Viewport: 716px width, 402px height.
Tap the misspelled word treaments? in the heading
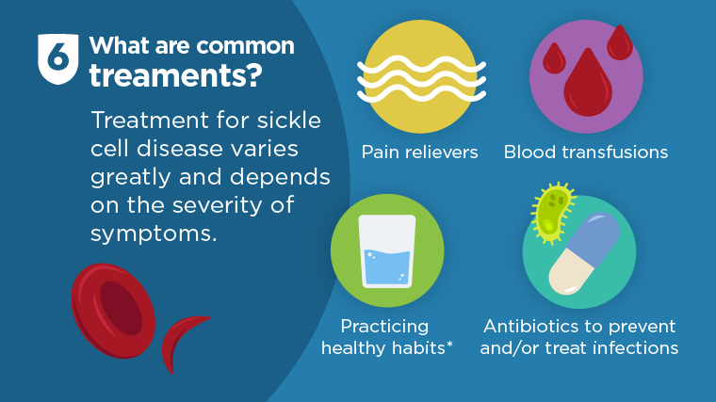[x=175, y=76]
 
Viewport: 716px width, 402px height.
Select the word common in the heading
[x=248, y=45]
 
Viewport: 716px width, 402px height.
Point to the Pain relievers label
[x=420, y=152]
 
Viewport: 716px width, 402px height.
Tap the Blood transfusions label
[x=586, y=152]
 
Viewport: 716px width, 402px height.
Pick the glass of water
[x=387, y=251]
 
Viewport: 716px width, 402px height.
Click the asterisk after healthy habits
[x=450, y=346]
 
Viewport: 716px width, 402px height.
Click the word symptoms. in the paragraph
[x=154, y=233]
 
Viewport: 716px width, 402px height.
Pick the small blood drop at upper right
[x=620, y=42]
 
